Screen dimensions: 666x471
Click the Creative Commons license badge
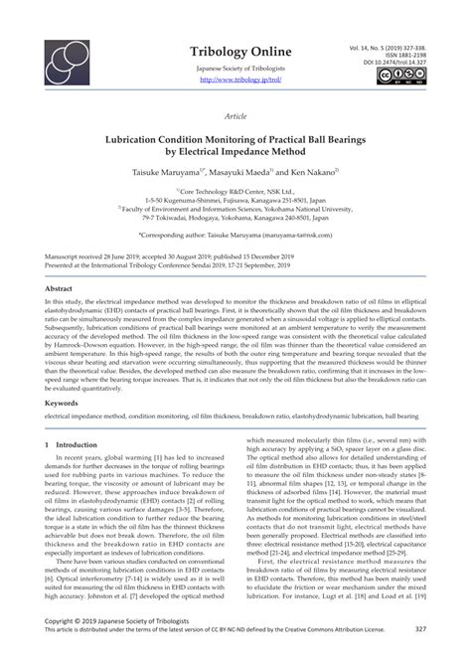coord(407,77)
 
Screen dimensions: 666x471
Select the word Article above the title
coord(235,115)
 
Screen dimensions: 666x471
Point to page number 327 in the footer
coord(420,656)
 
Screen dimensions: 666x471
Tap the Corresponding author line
coord(235,236)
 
